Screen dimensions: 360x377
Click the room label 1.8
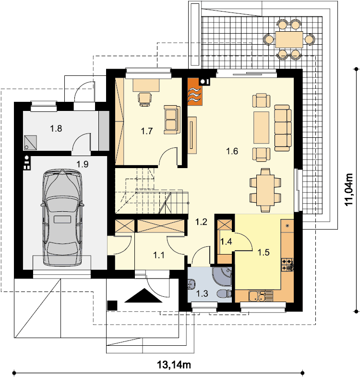pyautogui.click(x=56, y=129)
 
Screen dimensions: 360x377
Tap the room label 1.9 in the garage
pyautogui.click(x=83, y=164)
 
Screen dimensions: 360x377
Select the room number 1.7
pyautogui.click(x=146, y=131)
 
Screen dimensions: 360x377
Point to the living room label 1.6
pyautogui.click(x=232, y=151)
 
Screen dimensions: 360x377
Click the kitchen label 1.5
pyautogui.click(x=264, y=253)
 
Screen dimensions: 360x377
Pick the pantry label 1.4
pyautogui.click(x=226, y=242)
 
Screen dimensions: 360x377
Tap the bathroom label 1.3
pyautogui.click(x=202, y=293)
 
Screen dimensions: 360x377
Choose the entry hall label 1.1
pyautogui.click(x=159, y=255)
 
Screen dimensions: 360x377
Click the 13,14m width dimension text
pyautogui.click(x=174, y=365)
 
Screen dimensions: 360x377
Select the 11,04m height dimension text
pyautogui.click(x=348, y=189)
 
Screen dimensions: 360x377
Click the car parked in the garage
pyautogui.click(x=62, y=218)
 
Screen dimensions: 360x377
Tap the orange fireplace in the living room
pyautogui.click(x=195, y=92)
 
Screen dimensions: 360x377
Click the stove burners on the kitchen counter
pyautogui.click(x=288, y=265)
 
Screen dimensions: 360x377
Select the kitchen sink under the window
pyautogui.click(x=261, y=296)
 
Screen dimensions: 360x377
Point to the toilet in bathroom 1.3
pyautogui.click(x=224, y=293)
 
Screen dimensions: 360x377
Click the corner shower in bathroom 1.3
pyautogui.click(x=222, y=276)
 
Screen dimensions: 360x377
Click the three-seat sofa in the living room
pyautogui.click(x=283, y=128)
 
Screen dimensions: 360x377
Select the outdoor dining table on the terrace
pyautogui.click(x=289, y=39)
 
